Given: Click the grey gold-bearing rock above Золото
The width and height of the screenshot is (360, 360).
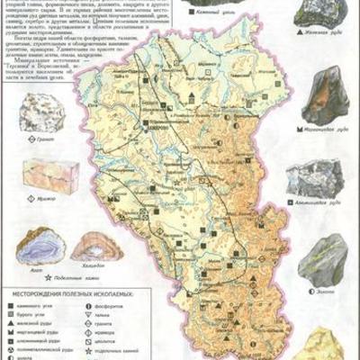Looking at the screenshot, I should pyautogui.click(x=323, y=261).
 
